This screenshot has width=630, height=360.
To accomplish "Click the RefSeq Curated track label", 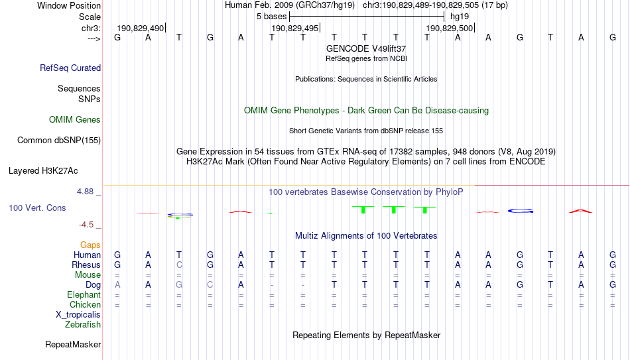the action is [x=70, y=68].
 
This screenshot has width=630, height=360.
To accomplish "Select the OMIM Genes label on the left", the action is [x=75, y=120].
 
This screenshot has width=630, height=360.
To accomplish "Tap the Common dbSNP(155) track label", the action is [x=59, y=141].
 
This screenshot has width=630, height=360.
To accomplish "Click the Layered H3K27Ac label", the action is [x=43, y=171].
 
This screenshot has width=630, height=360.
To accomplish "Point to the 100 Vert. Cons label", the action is [x=37, y=208].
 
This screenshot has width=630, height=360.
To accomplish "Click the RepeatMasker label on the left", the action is [x=73, y=344].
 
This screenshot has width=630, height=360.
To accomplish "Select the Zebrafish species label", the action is [x=83, y=324].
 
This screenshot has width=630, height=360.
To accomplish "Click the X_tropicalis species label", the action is [x=78, y=315].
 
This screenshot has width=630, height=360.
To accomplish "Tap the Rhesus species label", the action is [x=86, y=265].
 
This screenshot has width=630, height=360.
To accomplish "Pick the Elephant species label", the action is [x=84, y=294].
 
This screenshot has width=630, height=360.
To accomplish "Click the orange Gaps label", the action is [x=90, y=245].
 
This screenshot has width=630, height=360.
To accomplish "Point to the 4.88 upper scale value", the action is [x=85, y=192].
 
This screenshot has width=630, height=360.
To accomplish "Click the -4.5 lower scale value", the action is [x=86, y=225].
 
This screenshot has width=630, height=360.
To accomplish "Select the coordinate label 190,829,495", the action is [x=295, y=28].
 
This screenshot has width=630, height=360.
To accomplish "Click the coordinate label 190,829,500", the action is [x=449, y=28].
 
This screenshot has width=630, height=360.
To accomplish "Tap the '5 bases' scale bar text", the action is [x=272, y=17].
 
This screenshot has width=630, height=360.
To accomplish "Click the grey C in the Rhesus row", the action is [x=179, y=265].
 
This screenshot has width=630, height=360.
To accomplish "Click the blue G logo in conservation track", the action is [x=521, y=211].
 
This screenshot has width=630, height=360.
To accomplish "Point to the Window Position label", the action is [x=69, y=5].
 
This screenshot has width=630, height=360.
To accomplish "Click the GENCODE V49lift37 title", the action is [x=366, y=48].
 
